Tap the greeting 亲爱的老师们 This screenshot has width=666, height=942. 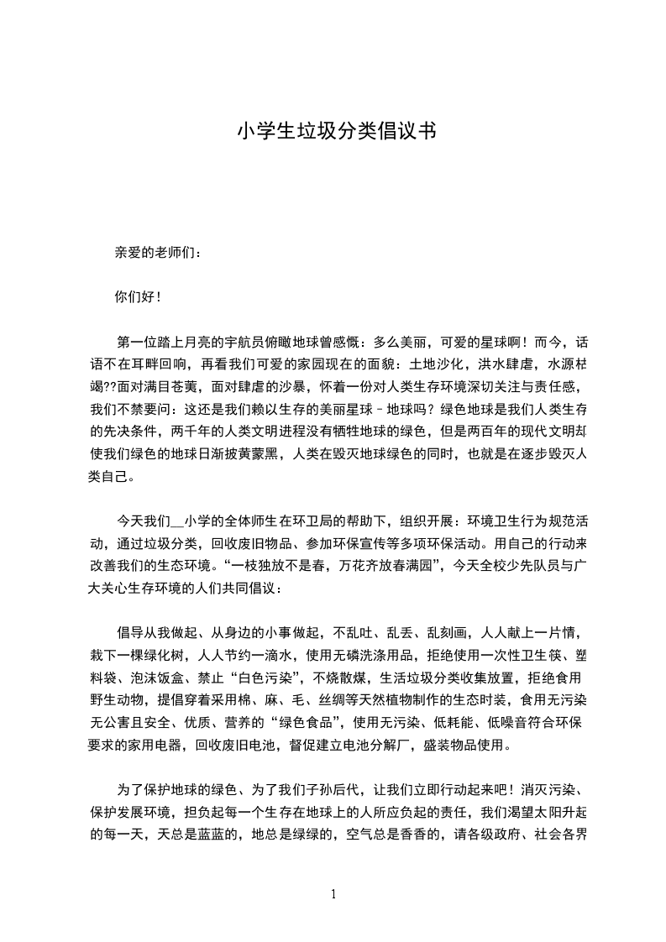[x=158, y=252]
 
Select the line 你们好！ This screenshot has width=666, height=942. [x=137, y=296]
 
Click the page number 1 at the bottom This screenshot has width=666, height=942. [x=333, y=893]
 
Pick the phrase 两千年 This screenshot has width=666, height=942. [x=191, y=432]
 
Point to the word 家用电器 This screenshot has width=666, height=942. [x=156, y=744]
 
